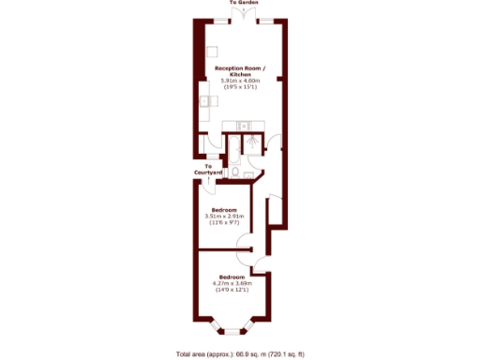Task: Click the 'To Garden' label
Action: [240, 4]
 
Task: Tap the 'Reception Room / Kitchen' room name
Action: [240, 71]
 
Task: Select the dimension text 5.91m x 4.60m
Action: [240, 82]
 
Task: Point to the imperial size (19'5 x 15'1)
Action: [240, 88]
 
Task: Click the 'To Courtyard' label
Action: [207, 171]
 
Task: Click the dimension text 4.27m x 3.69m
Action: [232, 284]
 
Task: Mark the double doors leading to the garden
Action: [240, 20]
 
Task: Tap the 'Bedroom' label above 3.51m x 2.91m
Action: [224, 209]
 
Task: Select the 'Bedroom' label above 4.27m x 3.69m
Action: [232, 277]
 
